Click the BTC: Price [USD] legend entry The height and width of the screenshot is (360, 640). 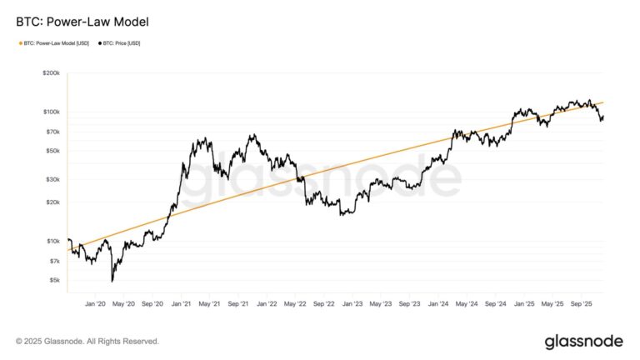coord(120,43)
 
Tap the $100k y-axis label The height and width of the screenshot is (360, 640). coord(50,112)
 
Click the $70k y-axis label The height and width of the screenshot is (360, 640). coord(52,132)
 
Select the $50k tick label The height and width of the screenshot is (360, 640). coord(52,151)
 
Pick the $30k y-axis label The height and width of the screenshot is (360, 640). coord(52,179)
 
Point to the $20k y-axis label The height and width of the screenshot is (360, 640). coord(52,202)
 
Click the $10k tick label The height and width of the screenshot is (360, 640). coord(52,241)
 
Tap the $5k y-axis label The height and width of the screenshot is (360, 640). coord(53,280)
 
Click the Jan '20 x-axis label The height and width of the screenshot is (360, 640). coord(96,305)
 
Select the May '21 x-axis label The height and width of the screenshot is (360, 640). coord(209,305)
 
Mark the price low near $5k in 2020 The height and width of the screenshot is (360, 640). coord(112,281)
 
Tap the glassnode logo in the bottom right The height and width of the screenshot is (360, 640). coord(583,341)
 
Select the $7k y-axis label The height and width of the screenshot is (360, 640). coord(53,261)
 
